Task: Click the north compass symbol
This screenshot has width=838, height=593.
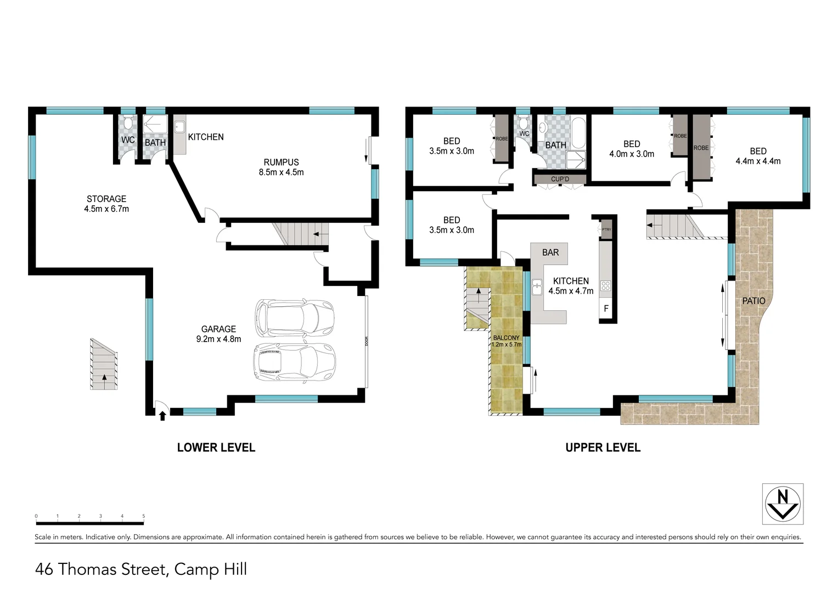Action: pos(783,504)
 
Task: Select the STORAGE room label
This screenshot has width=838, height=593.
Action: pos(106,204)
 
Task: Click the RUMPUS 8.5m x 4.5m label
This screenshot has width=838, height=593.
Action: pos(281,167)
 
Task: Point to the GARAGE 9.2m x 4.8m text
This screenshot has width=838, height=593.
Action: pos(218,334)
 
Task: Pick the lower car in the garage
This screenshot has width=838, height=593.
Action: pos(294,362)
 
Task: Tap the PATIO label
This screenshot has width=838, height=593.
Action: pos(753,301)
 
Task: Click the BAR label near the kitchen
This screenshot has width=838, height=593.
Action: pos(550,253)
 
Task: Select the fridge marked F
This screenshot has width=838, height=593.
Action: pos(606,309)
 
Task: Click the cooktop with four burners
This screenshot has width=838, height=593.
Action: pos(605,286)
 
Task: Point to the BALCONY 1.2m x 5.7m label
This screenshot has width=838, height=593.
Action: pos(506,341)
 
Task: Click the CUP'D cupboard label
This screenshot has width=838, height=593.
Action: pos(560,179)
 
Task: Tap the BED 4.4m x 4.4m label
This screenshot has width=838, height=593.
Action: pos(758,156)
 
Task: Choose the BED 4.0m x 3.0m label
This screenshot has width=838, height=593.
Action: pos(632,149)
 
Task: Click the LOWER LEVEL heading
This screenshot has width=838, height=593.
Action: pos(216,447)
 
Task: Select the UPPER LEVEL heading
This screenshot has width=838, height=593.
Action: pos(603,447)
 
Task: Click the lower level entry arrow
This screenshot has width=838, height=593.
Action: pos(162,416)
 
